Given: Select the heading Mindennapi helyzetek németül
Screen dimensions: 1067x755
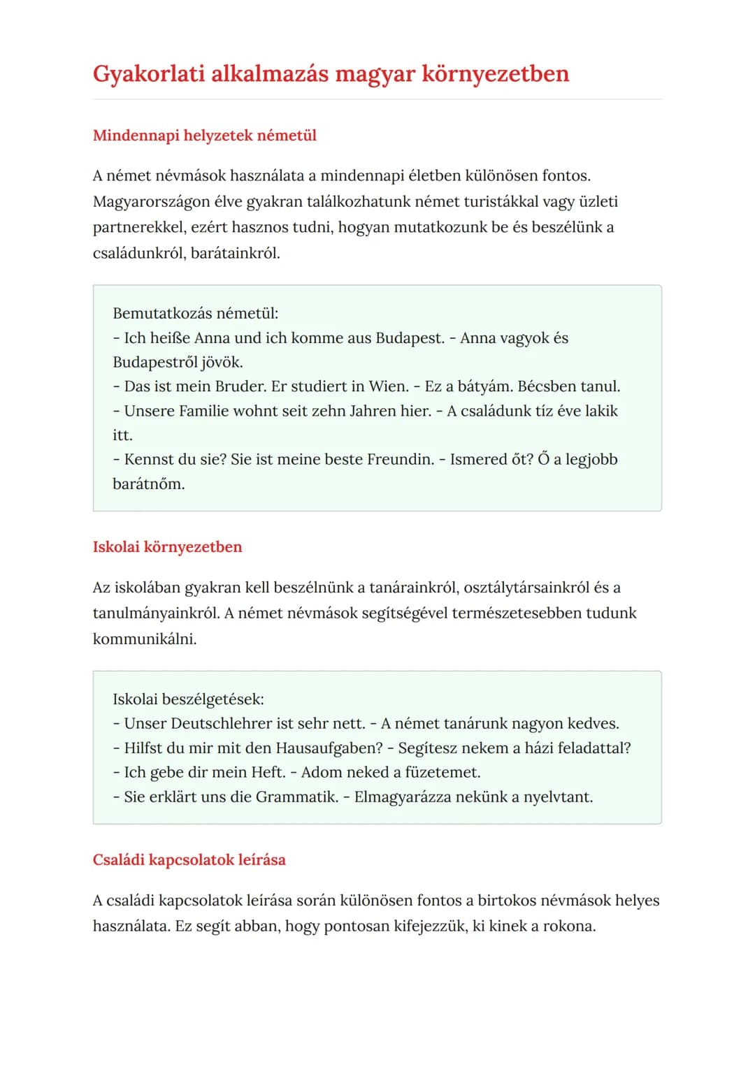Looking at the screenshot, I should pos(204,136).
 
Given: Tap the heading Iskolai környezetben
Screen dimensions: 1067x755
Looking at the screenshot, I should pos(167,547).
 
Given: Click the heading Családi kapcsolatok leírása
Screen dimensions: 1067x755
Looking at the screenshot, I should pos(189,860).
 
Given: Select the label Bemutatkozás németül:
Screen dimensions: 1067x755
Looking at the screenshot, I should pos(195,314).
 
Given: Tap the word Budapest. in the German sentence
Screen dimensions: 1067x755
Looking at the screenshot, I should pos(410,338).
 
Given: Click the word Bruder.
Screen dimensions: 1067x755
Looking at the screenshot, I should pos(240,386).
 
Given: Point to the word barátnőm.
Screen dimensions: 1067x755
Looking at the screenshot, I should pos(148,484).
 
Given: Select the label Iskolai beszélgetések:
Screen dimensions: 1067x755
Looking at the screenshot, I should pos(188,699).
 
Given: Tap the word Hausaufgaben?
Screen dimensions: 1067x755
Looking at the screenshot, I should pos(329,748).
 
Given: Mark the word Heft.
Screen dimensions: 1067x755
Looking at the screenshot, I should pos(268,773).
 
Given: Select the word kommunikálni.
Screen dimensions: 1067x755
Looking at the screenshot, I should pos(145,639).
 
